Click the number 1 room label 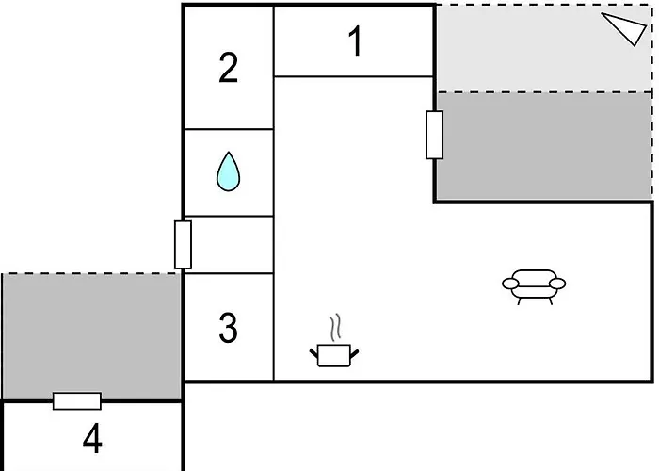click(x=356, y=41)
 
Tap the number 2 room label click(x=228, y=67)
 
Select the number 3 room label click(x=228, y=327)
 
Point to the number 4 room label click(x=92, y=439)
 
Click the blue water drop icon click(x=228, y=171)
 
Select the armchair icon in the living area click(x=534, y=286)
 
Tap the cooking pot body click(x=334, y=356)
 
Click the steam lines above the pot click(x=334, y=328)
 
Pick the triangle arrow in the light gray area click(x=623, y=28)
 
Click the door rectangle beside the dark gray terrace click(x=434, y=135)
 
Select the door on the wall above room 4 click(x=77, y=400)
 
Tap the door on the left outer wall click(x=183, y=244)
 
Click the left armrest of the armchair click(x=510, y=284)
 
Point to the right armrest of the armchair click(x=557, y=284)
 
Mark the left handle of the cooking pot click(x=313, y=353)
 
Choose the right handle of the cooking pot click(x=354, y=353)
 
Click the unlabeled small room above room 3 click(x=229, y=245)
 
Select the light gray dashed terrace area click(x=544, y=48)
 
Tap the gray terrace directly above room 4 click(x=91, y=336)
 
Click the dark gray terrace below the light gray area click(x=544, y=146)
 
